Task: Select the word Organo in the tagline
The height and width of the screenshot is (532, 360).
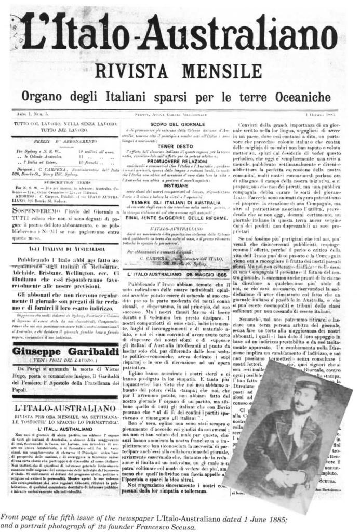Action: tap(44, 97)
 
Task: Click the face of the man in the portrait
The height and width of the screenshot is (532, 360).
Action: tap(300, 403)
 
